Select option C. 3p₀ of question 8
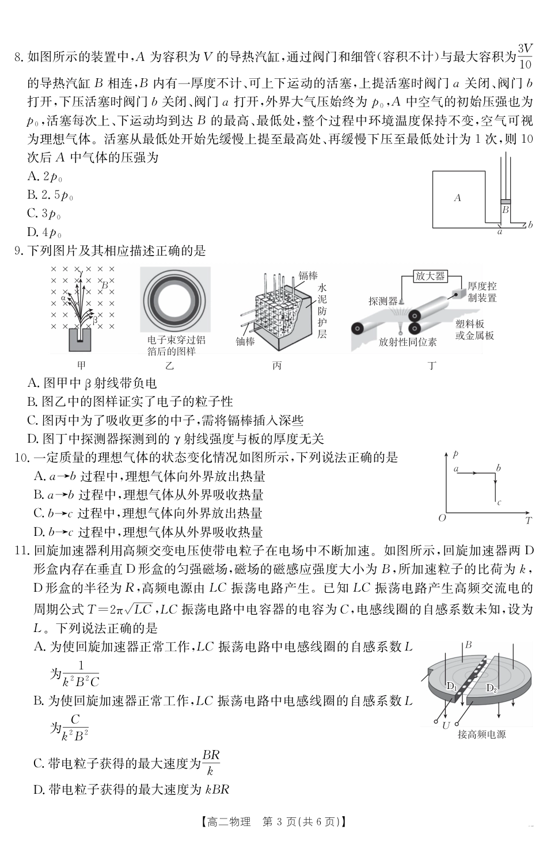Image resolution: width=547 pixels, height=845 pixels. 44,214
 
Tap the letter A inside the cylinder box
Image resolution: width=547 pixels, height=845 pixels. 457,198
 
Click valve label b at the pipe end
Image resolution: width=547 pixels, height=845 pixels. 530,225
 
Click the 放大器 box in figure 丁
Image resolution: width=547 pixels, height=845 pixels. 430,276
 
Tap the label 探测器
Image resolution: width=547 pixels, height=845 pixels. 383,300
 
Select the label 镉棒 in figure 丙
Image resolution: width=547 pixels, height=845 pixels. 308,276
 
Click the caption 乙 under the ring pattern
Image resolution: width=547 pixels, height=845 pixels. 170,366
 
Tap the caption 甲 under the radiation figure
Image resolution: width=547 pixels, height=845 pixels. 81,366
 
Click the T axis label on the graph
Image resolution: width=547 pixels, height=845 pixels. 528,521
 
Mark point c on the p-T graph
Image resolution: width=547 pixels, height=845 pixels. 499,503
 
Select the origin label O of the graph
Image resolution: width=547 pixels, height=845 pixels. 442,518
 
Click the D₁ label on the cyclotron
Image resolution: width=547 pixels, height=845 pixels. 451,686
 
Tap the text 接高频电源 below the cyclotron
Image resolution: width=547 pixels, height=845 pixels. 481,734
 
